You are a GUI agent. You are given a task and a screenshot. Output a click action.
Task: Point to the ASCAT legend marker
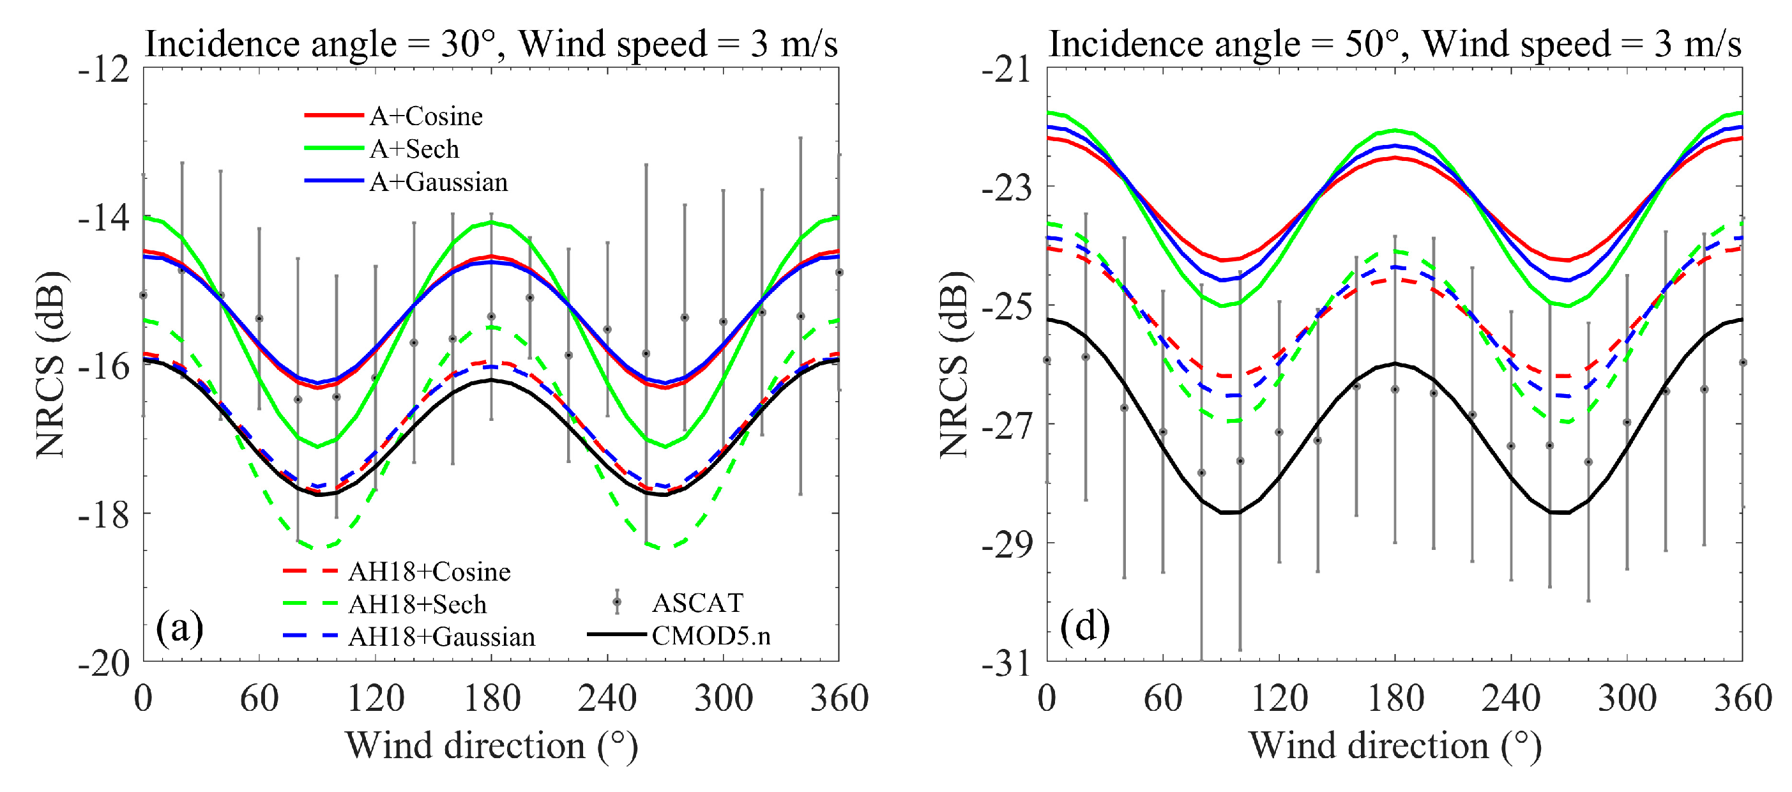(616, 602)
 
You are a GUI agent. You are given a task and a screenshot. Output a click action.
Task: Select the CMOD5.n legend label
(710, 636)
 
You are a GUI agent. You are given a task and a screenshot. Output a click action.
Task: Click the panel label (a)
(179, 628)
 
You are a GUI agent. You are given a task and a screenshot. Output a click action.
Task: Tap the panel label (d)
(1084, 628)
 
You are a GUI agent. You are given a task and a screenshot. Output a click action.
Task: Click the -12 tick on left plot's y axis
(103, 70)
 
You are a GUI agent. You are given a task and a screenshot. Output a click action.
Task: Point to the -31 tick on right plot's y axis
(1006, 664)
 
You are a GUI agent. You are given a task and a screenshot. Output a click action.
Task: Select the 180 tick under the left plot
(492, 698)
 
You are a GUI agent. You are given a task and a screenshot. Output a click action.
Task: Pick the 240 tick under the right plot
(1511, 698)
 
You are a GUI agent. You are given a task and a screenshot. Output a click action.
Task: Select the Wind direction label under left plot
(491, 745)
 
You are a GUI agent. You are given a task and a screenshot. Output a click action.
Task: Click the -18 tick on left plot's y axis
(103, 515)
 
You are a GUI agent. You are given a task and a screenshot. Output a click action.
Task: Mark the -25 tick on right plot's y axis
(1006, 307)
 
